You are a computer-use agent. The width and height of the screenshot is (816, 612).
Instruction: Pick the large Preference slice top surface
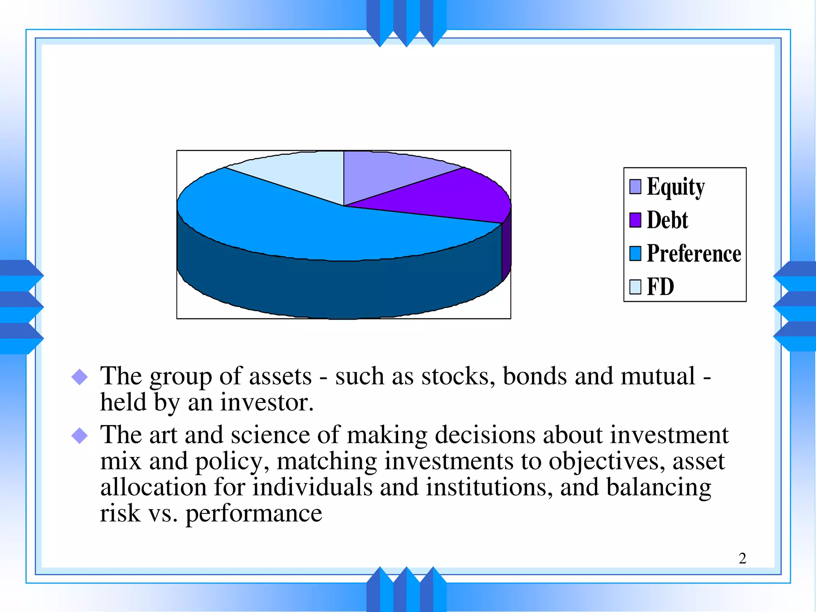click(303, 227)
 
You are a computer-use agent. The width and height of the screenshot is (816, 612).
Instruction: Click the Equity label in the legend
click(676, 186)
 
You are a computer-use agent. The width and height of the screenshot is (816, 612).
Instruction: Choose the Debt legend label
click(667, 220)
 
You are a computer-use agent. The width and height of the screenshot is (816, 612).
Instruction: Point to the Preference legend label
click(694, 253)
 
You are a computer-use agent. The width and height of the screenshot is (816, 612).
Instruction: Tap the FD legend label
click(660, 287)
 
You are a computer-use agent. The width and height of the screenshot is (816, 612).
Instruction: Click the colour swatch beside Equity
click(635, 186)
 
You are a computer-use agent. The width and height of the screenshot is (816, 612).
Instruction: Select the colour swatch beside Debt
click(635, 220)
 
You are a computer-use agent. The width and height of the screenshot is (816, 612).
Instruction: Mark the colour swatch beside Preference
click(635, 253)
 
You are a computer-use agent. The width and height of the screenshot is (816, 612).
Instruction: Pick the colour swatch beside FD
click(635, 287)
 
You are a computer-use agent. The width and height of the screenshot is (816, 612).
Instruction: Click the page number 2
click(742, 559)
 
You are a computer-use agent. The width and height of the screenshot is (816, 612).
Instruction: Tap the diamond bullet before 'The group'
click(79, 377)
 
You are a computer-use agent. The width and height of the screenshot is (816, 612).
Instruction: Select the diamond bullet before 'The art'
click(79, 435)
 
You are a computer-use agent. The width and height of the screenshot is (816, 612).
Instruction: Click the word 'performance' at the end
click(254, 514)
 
